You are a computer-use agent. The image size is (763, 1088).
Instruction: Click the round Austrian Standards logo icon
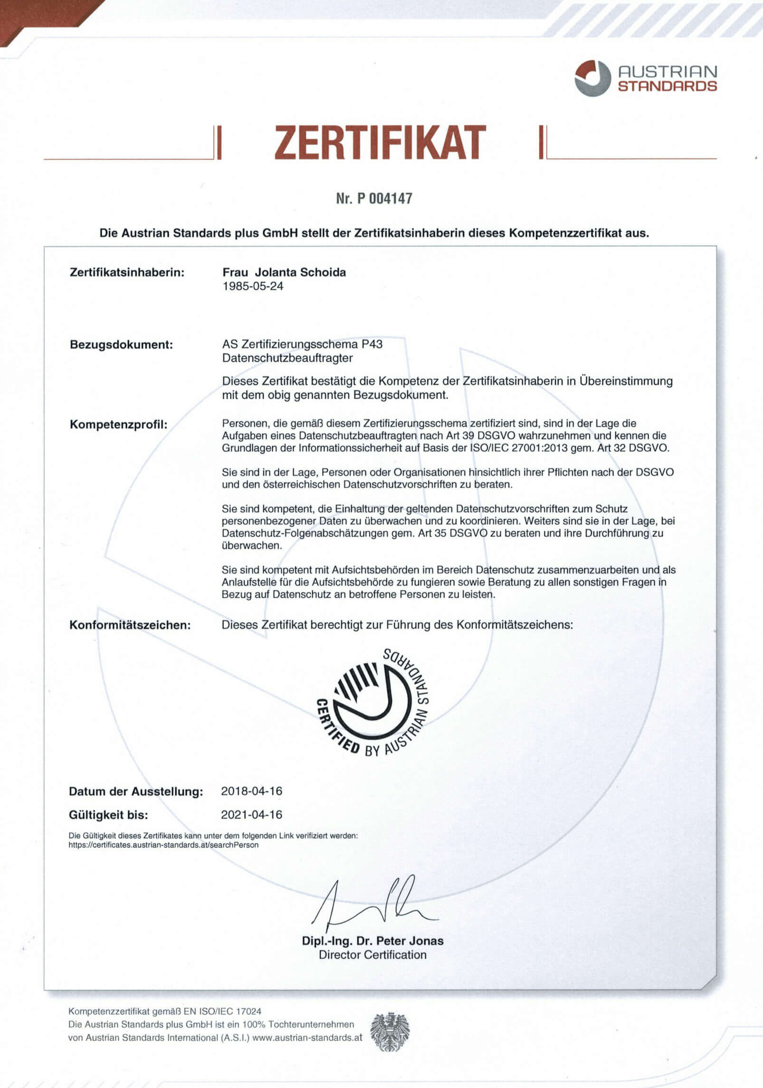point(592,78)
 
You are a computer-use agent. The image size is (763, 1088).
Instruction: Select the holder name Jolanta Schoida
point(300,272)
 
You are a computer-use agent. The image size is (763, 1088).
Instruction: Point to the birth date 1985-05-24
point(253,286)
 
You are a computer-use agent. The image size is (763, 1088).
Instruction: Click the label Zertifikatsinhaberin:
point(127,273)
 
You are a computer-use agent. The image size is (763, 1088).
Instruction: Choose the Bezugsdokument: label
point(121,344)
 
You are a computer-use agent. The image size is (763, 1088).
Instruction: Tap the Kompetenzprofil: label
point(119,424)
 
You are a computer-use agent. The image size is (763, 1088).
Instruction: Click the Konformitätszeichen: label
point(130,625)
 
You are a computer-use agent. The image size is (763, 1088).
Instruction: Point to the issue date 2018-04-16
point(251,791)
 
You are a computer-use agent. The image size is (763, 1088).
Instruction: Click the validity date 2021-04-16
point(251,815)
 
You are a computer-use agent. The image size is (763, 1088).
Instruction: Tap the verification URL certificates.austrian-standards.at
point(163,845)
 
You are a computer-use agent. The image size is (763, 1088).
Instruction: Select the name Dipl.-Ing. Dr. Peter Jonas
point(372,941)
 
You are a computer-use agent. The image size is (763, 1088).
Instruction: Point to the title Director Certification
point(372,955)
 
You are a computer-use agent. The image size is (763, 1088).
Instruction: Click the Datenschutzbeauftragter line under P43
point(287,358)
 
